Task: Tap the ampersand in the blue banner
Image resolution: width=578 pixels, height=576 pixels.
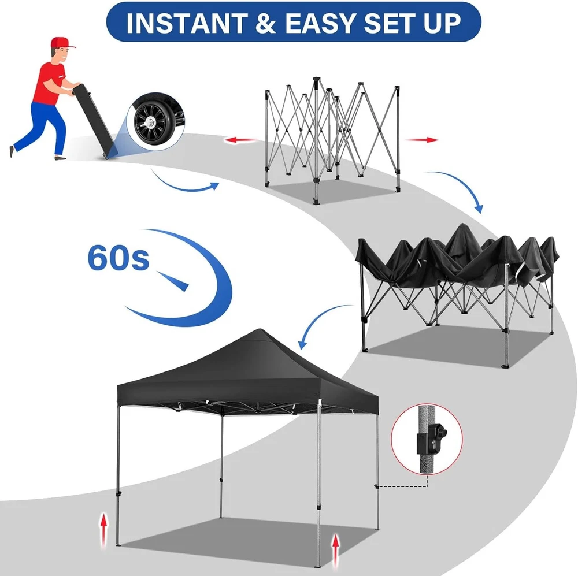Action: tap(266, 23)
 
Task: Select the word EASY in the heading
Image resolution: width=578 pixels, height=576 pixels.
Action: tap(320, 23)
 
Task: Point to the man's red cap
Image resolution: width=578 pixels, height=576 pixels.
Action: tap(62, 42)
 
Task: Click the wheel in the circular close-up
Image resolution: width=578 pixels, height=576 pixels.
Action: tap(150, 122)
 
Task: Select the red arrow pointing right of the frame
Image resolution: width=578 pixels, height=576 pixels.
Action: tap(422, 140)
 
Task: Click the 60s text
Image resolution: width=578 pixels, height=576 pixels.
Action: tap(118, 258)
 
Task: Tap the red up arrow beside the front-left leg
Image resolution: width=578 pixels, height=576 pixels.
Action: tap(104, 529)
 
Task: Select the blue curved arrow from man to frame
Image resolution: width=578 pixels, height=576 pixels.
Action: tap(184, 187)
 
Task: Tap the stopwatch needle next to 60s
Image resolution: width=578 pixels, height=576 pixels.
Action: tap(173, 281)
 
